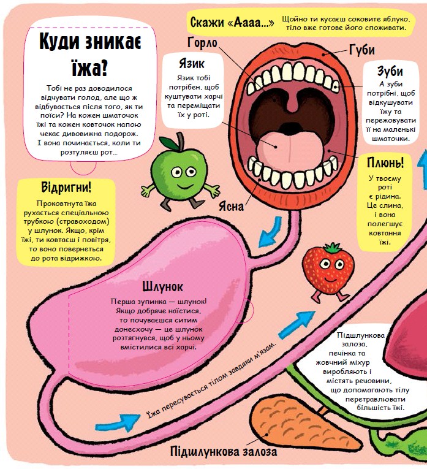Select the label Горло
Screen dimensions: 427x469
(x=202, y=43)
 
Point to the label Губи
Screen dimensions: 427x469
(x=362, y=50)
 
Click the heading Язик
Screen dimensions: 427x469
(x=192, y=63)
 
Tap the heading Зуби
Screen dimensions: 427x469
(x=390, y=71)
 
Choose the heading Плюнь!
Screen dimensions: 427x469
(x=385, y=162)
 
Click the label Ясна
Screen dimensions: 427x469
(x=231, y=207)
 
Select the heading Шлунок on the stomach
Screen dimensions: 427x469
(x=162, y=286)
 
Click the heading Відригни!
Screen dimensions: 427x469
(x=66, y=187)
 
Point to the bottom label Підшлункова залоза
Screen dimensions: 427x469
(x=224, y=451)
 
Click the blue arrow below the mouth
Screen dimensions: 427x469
(x=271, y=232)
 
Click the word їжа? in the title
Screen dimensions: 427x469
(x=89, y=69)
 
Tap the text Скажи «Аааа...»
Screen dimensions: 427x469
(x=232, y=23)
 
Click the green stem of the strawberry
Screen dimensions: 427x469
(x=333, y=247)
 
